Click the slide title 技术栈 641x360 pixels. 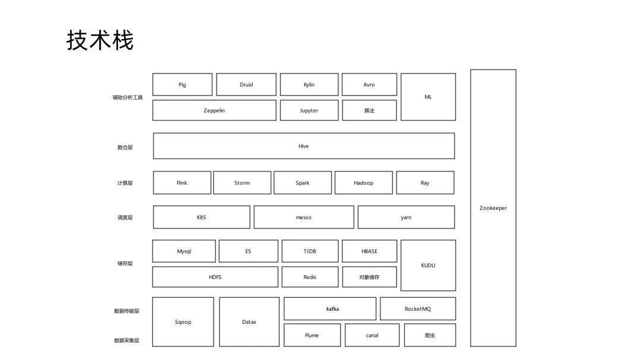pos(100,40)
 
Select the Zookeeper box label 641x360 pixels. pos(493,208)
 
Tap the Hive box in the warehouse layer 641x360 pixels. pos(303,146)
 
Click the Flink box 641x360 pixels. pos(182,183)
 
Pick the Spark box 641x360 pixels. pos(303,183)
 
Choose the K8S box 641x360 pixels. pos(201,217)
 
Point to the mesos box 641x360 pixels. pos(303,217)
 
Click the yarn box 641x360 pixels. pos(406,217)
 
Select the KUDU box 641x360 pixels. pos(428,265)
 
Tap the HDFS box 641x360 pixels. pos(215,277)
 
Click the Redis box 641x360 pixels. pos(310,277)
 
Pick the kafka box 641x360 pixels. pos(330,308)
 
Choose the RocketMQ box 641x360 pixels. pos(418,308)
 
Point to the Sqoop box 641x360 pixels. pos(183,322)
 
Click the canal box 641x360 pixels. pos(372,335)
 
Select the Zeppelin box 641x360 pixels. pos(214,110)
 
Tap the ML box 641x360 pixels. pos(428,97)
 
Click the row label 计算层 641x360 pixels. pos(125,183)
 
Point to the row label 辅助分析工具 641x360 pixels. pos(128,97)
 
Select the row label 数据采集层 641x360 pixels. pos(126,340)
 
